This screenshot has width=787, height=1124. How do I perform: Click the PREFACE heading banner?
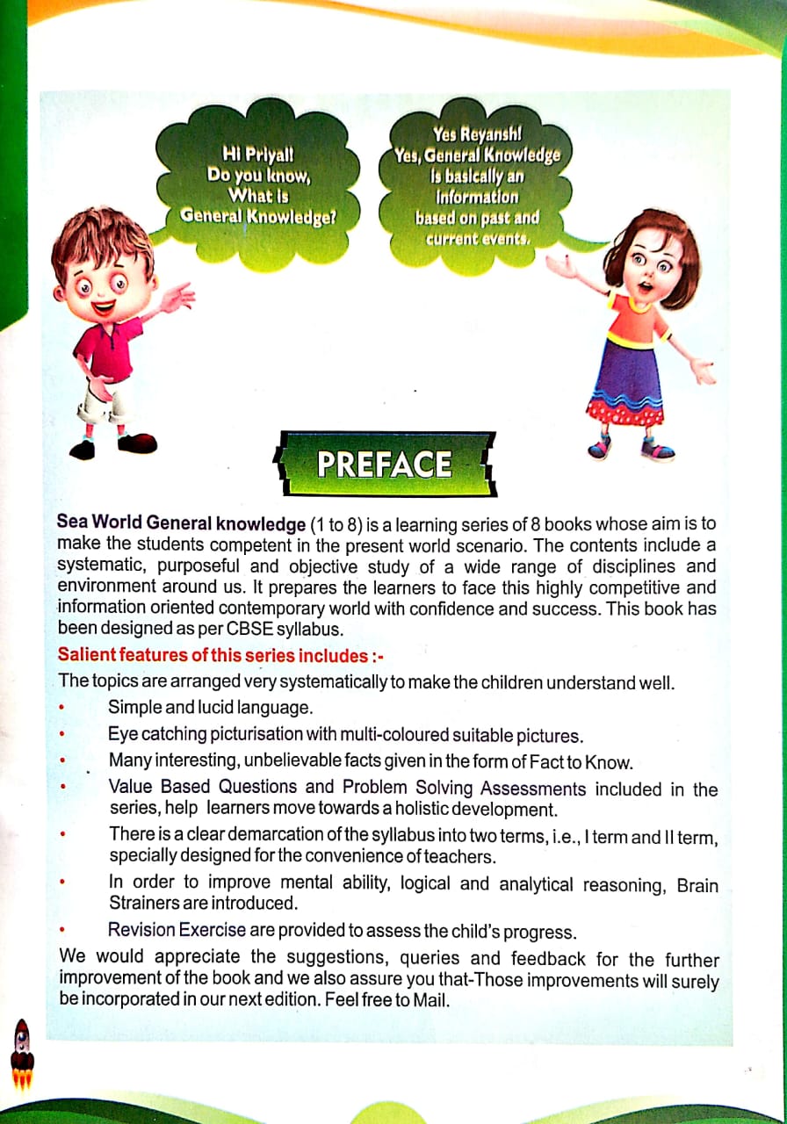coord(384,464)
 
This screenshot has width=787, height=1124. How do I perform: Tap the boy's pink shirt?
coord(108,346)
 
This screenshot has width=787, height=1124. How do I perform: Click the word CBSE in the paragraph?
coord(242,629)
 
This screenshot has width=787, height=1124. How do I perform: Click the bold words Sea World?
coord(106,524)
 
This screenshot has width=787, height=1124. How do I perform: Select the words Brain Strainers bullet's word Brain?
coord(697,884)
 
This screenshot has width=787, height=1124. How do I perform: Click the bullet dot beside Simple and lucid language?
coord(62,707)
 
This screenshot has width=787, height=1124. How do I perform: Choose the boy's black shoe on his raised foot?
coord(136,443)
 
